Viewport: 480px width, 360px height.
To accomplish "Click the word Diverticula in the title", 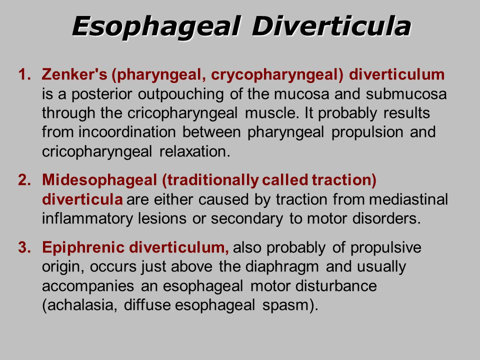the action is [331, 26].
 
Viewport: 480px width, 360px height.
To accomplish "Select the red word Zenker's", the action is [74, 74].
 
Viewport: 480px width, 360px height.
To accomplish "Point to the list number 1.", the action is [24, 74].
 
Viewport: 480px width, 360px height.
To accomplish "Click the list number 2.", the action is [24, 179].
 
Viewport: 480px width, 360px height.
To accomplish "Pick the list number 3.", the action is [24, 247].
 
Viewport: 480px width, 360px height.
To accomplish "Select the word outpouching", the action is [180, 94].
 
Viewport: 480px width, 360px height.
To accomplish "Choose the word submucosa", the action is [406, 94].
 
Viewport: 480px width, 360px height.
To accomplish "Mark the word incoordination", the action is [127, 132].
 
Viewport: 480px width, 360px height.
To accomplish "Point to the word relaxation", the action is [194, 151].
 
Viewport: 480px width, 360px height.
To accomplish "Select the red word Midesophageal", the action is [99, 180].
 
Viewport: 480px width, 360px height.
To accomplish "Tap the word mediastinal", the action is [408, 199].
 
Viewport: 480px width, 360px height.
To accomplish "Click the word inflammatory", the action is [87, 219].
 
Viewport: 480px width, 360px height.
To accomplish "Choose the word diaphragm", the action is [282, 267].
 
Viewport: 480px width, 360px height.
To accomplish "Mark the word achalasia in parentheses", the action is [79, 305].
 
